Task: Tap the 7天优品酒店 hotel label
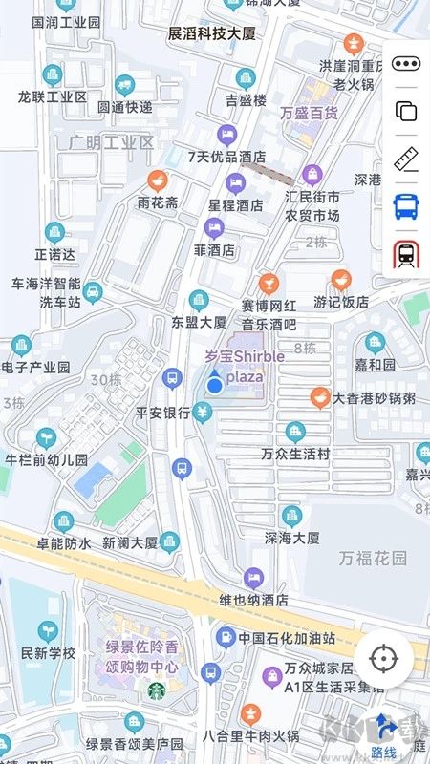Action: coord(226,158)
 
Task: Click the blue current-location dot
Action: coord(216,384)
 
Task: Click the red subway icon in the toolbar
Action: coord(406,254)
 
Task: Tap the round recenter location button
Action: coord(384,659)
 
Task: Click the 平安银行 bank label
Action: coord(163,413)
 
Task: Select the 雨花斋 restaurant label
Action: coord(158,202)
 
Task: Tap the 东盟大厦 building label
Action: coord(199,322)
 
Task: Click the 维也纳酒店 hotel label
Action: coord(253,600)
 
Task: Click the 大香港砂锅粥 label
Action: coord(374,399)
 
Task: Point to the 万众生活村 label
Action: coord(296,453)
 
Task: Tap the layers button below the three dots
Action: coord(406,111)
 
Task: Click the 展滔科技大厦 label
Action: coord(212,33)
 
